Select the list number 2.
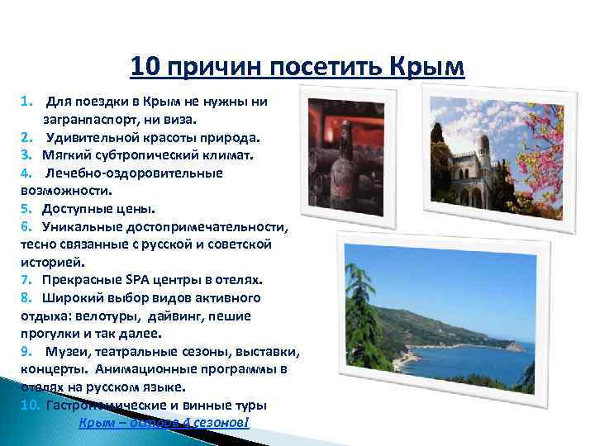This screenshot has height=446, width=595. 26,136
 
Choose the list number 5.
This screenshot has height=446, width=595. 26,208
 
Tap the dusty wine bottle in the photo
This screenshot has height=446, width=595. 339,169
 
